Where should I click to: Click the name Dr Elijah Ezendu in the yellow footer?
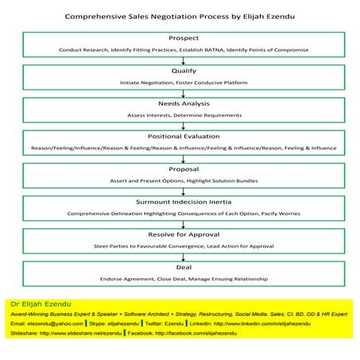(38, 304)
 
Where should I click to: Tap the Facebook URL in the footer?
(200, 334)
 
